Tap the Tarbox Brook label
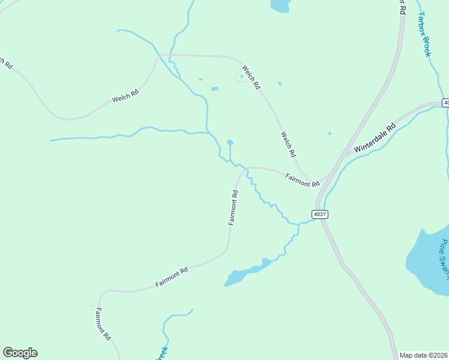pos(424,34)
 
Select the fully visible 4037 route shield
pos(320,214)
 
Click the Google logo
pos(20,353)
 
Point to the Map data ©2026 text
pos(424,355)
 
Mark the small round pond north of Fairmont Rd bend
pos(230,142)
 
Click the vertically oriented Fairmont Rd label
pos(234,208)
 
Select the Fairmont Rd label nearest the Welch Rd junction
pos(302,180)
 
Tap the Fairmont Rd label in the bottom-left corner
pos(103,325)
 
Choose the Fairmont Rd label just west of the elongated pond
pos(172,277)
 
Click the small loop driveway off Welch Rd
pos(239,78)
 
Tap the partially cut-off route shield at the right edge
pos(445,103)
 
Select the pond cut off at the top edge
pos(280,5)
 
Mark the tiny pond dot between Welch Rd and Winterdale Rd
pos(330,133)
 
